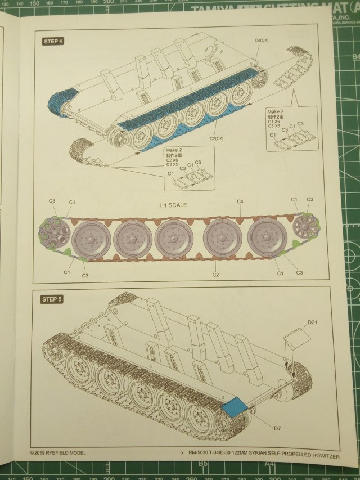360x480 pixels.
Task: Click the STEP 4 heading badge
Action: click(53, 41)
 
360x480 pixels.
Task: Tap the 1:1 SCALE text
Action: click(172, 205)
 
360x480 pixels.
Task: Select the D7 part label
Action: click(277, 428)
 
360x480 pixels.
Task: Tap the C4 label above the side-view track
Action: click(240, 201)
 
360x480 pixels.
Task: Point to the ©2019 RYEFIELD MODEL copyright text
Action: click(58, 451)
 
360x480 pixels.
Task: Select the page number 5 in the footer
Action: click(182, 452)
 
